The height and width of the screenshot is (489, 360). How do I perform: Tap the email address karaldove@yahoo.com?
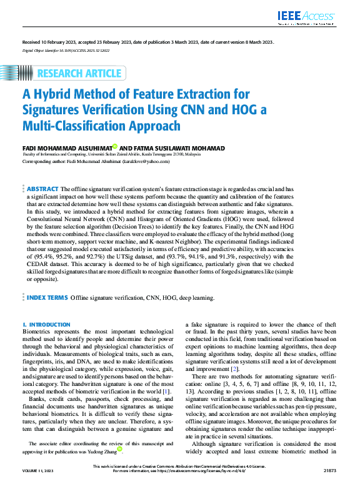tap(146, 161)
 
